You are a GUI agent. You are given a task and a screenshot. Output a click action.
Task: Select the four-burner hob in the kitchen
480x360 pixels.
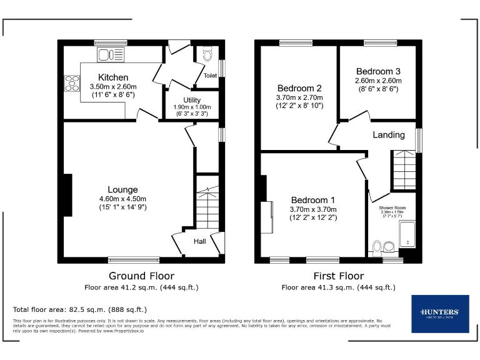pos(72,83)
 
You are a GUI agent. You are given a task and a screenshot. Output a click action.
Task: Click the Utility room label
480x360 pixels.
pos(192,100)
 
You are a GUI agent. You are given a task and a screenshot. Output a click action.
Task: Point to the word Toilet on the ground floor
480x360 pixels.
pos(210,76)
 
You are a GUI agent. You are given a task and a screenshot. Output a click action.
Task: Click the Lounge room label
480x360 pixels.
pos(122,189)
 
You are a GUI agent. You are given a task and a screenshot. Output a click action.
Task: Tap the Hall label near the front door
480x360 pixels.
pos(199,241)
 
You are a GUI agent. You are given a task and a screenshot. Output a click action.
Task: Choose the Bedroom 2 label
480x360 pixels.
pos(299,88)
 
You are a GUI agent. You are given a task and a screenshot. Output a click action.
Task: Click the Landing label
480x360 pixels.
pos(389,134)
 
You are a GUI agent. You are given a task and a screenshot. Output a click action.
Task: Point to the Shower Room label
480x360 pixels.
pos(392,207)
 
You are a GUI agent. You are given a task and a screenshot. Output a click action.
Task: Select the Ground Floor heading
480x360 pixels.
pos(141,276)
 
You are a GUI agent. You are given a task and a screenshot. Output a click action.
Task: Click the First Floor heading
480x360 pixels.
pos(338,276)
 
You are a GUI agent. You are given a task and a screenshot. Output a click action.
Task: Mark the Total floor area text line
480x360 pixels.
pos(80,309)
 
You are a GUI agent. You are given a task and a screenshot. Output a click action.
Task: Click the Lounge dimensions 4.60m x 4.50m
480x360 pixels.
pos(122,199)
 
